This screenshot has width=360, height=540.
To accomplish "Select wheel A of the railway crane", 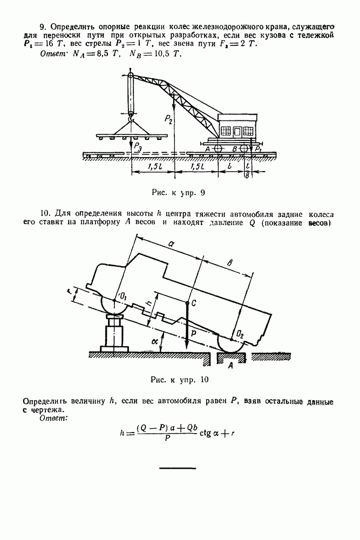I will tap(218, 147).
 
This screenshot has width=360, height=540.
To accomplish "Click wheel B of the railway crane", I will tap(244, 147).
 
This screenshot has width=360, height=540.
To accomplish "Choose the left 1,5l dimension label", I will tap(153, 167).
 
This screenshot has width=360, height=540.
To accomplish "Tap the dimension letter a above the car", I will tap(171, 244).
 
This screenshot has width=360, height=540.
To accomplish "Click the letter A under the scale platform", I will tap(230, 366).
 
